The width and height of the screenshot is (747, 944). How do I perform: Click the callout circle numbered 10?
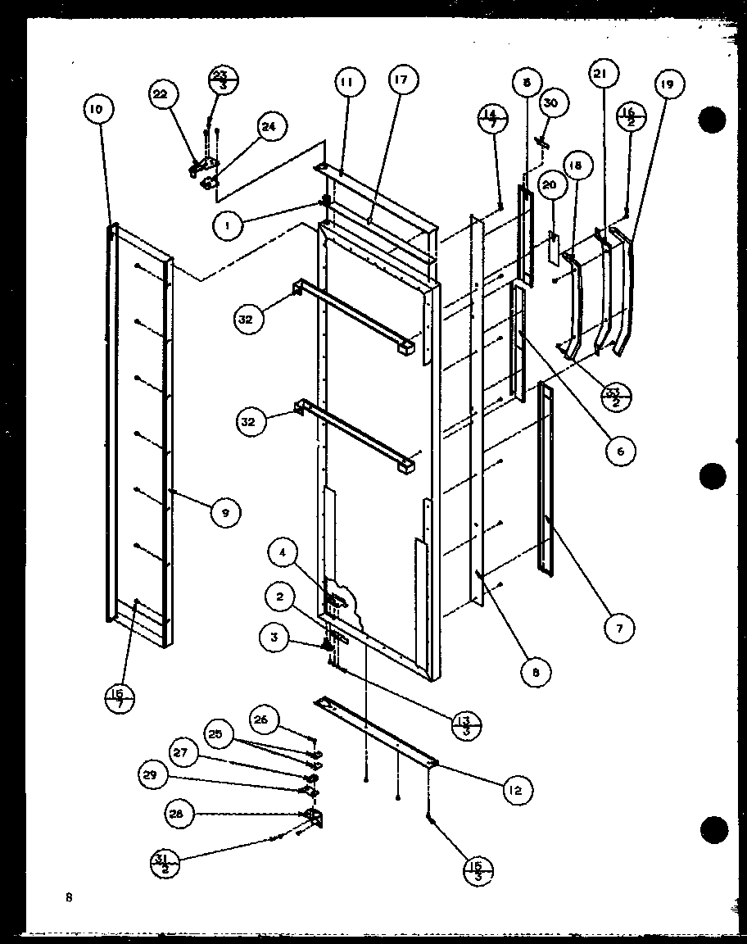click(97, 109)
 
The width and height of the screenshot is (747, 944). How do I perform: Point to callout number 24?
click(268, 126)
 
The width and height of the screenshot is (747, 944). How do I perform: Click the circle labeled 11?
click(347, 83)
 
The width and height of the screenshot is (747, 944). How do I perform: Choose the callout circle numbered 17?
click(402, 80)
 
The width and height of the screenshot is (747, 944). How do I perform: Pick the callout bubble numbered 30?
click(550, 102)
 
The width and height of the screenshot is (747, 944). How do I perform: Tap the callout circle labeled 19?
click(669, 85)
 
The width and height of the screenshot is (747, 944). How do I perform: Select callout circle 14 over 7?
click(492, 120)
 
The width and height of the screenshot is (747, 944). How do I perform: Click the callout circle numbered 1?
click(229, 226)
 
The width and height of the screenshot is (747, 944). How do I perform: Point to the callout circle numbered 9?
click(225, 513)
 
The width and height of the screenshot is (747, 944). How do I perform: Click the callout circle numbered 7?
click(620, 629)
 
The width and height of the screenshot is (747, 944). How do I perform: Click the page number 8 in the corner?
click(70, 897)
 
